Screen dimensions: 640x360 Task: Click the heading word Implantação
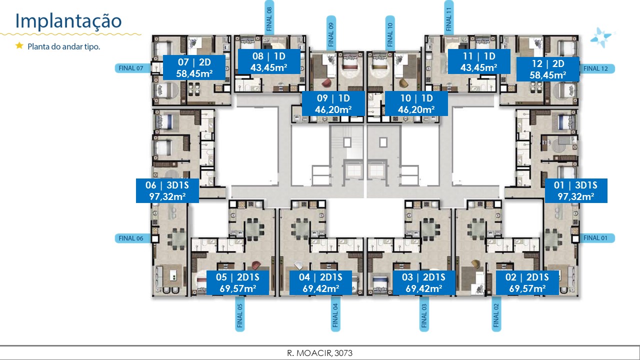68,21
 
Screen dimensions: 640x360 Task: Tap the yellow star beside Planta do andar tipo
19,45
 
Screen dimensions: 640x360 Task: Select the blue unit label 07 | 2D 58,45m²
194,67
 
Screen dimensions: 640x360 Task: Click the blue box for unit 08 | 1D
269,61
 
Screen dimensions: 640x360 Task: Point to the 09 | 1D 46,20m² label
333,103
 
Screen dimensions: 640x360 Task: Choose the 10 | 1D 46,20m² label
416,103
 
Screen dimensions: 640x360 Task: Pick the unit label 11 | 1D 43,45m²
479,61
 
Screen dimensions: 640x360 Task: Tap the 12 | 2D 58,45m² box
548,69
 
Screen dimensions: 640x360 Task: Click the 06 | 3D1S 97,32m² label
167,190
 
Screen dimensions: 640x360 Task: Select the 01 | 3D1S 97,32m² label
576,190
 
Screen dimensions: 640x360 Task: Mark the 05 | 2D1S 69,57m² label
237,283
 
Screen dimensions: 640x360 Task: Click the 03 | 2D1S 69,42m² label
424,283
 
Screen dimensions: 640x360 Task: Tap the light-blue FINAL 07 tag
132,68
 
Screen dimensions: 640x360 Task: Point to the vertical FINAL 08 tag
269,17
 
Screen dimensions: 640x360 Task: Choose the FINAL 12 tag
597,68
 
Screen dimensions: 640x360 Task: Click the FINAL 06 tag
132,238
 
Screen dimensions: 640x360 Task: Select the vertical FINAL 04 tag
335,313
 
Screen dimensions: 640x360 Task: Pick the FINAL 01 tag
596,238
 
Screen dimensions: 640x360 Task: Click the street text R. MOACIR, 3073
319,353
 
